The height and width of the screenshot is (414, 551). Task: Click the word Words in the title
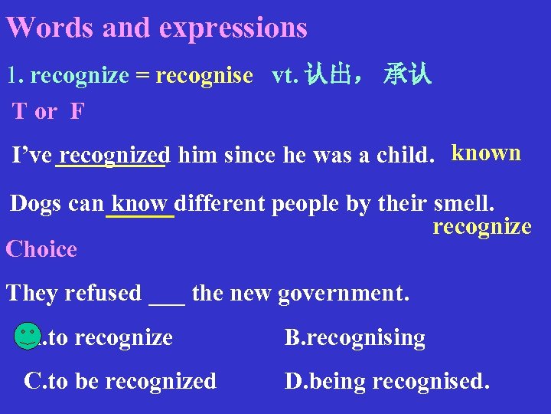coord(51,28)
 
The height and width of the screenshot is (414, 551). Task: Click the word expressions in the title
coord(233,28)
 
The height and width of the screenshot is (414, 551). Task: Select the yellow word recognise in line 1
coord(204,75)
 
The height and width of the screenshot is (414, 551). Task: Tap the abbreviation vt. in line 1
coord(285,75)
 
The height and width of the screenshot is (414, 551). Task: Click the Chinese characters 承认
coord(408,75)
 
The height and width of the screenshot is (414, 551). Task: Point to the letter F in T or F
coord(77,112)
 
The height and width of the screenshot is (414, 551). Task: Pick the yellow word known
coord(486,153)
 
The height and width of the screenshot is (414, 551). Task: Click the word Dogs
coord(36,204)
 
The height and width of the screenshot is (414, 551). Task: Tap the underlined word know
coord(140,204)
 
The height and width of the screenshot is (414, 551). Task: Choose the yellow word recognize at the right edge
coord(482,226)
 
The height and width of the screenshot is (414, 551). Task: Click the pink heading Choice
coord(41,249)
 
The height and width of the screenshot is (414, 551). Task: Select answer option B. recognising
coord(355,337)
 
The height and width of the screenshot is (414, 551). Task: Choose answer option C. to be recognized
coord(120,381)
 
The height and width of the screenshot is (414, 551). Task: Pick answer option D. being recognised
coord(386,381)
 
